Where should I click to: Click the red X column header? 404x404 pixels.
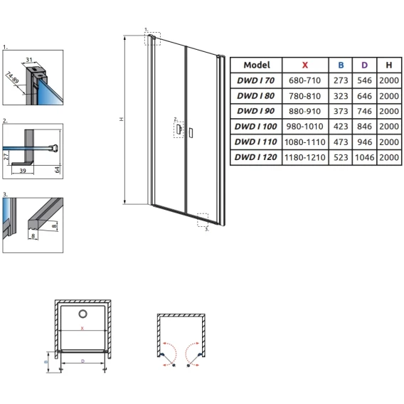[x=305, y=65]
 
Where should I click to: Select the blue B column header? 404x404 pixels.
[x=341, y=65]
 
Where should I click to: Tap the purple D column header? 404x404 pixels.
[x=364, y=65]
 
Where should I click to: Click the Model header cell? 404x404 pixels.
[x=257, y=65]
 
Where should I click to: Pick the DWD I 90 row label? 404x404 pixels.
[x=255, y=111]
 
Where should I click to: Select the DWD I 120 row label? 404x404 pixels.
[x=255, y=157]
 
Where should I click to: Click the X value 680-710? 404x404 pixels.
[x=305, y=80]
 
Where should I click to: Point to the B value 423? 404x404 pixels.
[x=341, y=127]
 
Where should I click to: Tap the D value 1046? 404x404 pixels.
[x=364, y=157]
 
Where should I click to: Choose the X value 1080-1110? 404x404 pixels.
[x=305, y=142]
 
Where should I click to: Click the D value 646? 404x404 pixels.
[x=364, y=96]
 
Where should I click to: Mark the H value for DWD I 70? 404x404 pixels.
[x=389, y=80]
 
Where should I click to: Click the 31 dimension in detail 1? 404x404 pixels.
[x=29, y=60]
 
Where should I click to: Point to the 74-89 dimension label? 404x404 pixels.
[x=12, y=78]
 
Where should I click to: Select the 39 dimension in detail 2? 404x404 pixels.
[x=23, y=170]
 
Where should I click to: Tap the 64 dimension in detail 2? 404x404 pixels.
[x=57, y=169]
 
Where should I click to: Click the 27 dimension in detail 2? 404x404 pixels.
[x=6, y=156]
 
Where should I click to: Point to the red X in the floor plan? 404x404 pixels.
[x=83, y=329]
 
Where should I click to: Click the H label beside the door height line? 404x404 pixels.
[x=122, y=119]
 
